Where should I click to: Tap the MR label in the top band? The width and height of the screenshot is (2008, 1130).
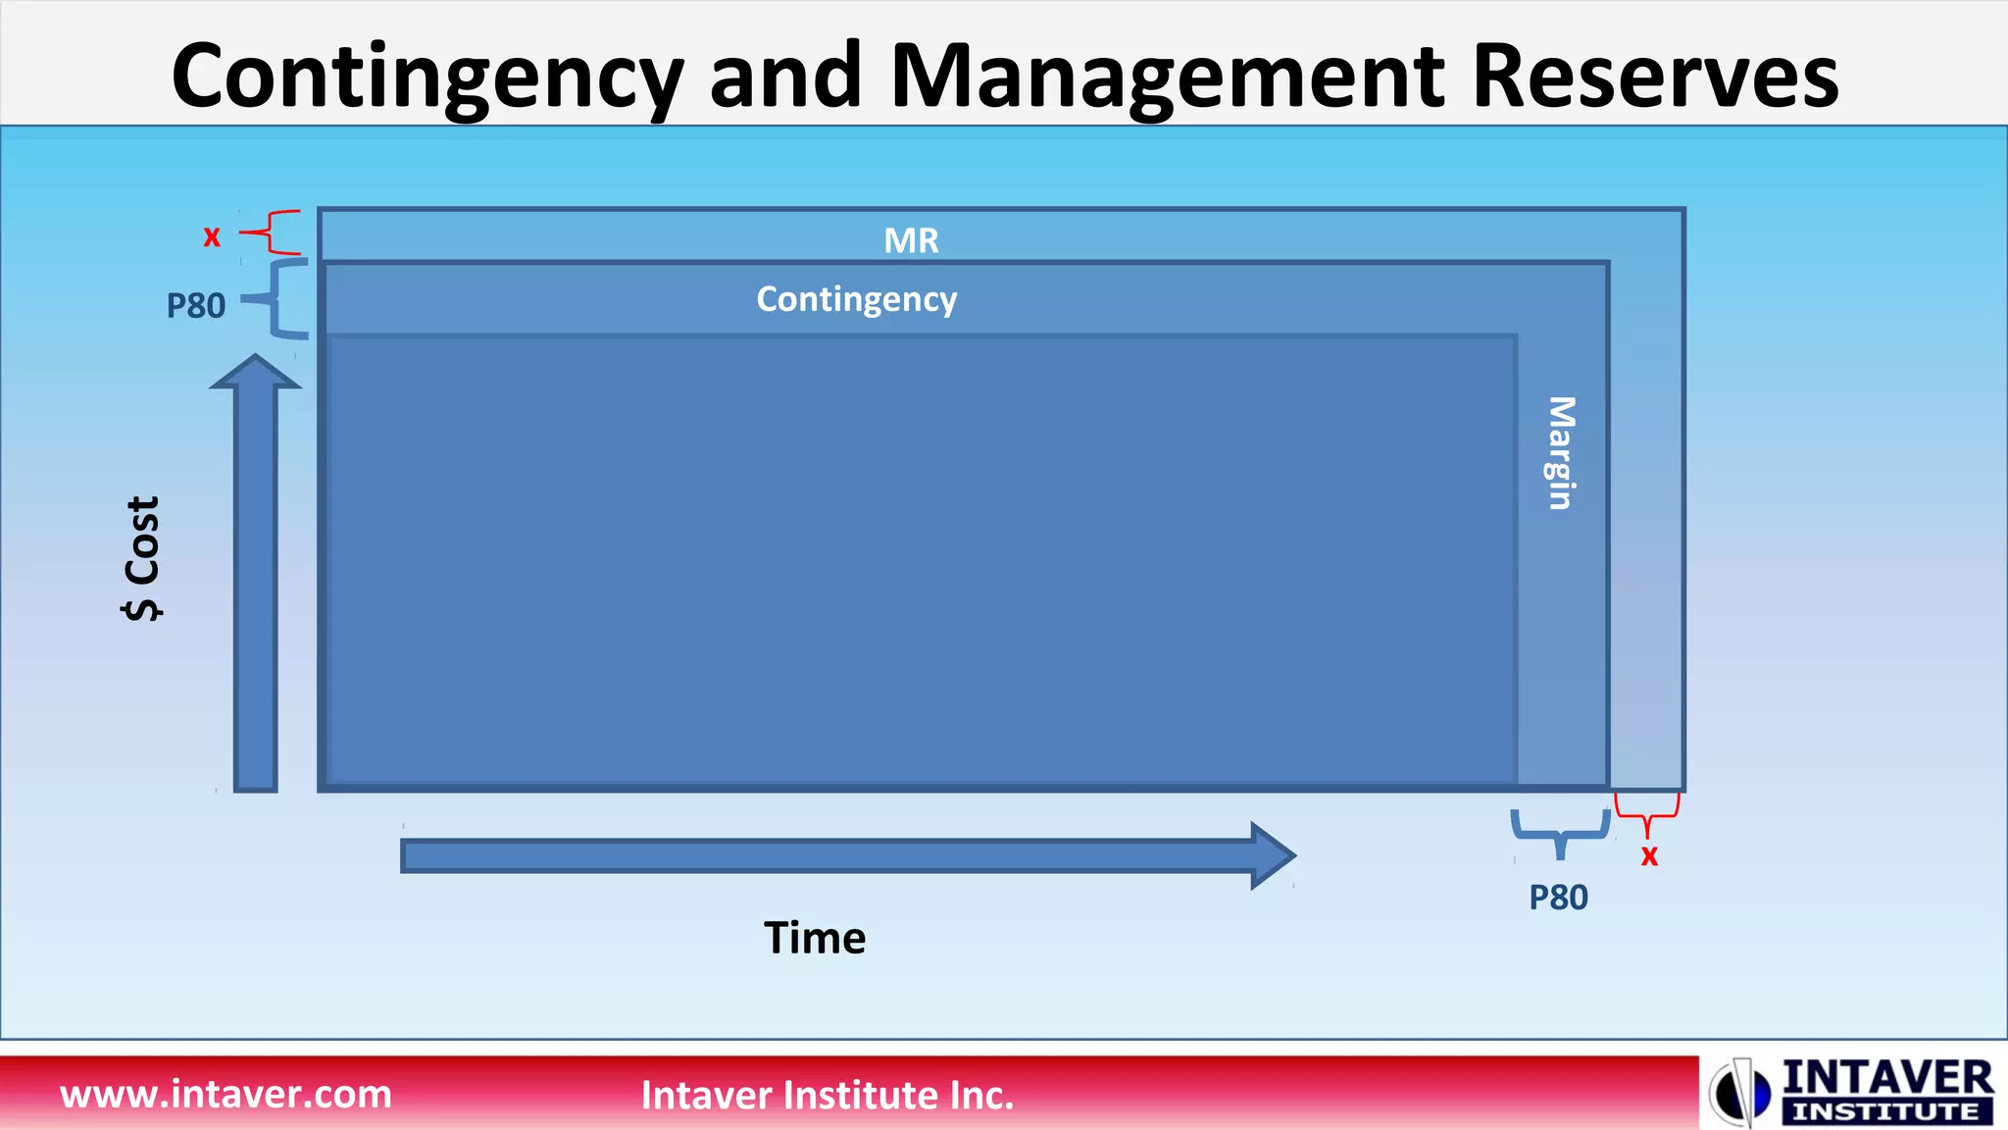(x=911, y=240)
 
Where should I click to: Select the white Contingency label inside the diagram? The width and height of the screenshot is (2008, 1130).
(x=856, y=299)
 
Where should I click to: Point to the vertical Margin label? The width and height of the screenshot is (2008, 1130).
(x=1561, y=452)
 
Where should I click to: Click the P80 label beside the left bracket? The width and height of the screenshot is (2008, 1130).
(x=196, y=306)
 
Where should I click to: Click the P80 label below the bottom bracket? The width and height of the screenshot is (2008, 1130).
(x=1558, y=898)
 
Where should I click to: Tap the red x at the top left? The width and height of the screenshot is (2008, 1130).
(x=212, y=236)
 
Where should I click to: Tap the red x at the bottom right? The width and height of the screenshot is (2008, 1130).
(x=1649, y=856)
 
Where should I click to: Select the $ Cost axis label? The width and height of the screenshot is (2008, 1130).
(x=143, y=558)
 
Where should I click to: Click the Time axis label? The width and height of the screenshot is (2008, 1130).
(x=815, y=938)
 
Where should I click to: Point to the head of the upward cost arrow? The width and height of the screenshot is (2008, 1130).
(x=256, y=373)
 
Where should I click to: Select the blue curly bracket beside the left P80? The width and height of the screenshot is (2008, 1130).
(x=279, y=299)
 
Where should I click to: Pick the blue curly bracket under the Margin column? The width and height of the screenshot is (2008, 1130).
(x=1560, y=830)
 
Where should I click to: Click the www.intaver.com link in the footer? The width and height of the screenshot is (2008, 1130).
(x=226, y=1094)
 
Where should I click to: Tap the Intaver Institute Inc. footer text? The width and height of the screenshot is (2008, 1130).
(x=827, y=1095)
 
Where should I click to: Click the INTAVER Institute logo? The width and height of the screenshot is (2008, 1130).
(x=1852, y=1092)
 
